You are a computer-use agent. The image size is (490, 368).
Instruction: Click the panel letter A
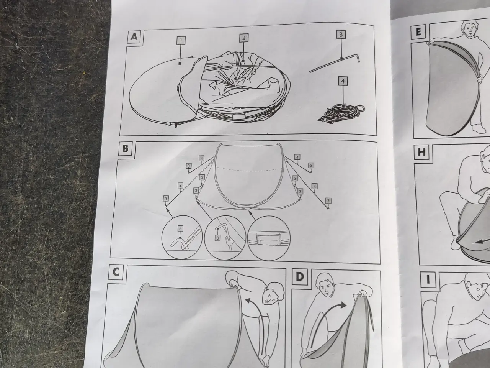[x=134, y=37]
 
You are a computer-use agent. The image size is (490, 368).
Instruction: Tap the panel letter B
[x=126, y=148]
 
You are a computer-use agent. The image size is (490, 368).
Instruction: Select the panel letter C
[x=116, y=272]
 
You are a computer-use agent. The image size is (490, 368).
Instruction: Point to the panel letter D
[x=300, y=277]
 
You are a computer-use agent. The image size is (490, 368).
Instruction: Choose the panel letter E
[x=418, y=32]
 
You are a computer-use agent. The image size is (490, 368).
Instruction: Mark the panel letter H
[x=421, y=152]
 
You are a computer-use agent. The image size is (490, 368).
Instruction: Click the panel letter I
[x=428, y=280]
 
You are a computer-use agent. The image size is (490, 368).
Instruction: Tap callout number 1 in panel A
[x=181, y=41]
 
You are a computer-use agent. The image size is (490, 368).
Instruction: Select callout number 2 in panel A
[x=243, y=38]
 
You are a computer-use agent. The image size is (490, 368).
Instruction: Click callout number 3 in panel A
[x=341, y=34]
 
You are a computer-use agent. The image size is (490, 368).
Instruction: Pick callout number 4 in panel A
[x=343, y=81]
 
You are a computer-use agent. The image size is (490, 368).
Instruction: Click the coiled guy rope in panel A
[x=341, y=113]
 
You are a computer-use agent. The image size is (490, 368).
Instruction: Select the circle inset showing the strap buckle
[x=269, y=238]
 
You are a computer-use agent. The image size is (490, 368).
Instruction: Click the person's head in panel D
[x=325, y=285]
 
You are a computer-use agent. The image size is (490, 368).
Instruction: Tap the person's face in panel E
[x=470, y=30]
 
